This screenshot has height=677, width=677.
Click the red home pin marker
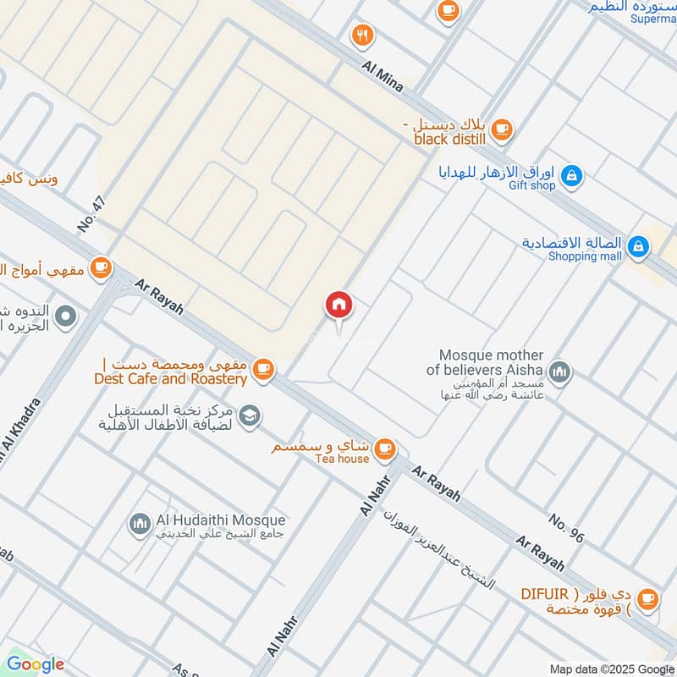[x=339, y=305]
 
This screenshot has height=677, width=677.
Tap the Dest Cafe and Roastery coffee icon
[x=264, y=368]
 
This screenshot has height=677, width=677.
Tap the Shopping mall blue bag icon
[x=641, y=247]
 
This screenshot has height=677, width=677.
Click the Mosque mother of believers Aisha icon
[x=559, y=371]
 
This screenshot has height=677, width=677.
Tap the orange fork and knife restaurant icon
[x=363, y=35]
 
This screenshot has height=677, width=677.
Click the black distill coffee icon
[x=502, y=129]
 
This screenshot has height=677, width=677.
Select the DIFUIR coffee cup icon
[x=649, y=598]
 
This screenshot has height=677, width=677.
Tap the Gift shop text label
[x=532, y=185]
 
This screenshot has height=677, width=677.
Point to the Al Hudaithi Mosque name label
[x=221, y=520]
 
